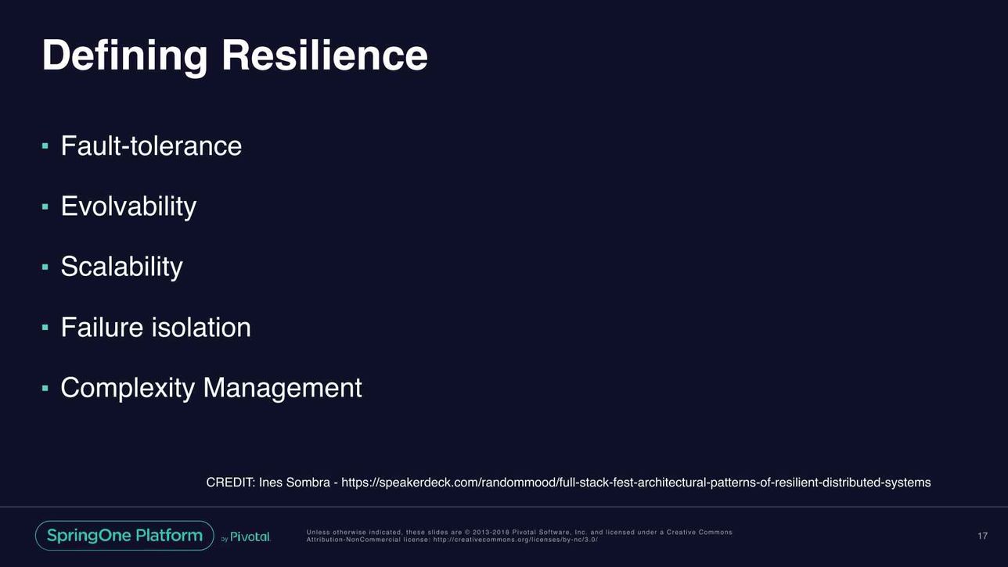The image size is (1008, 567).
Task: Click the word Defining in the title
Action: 125,56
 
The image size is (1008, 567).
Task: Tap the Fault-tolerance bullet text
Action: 151,146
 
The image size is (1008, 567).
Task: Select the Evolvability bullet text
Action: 128,207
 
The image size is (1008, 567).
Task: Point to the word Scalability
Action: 122,267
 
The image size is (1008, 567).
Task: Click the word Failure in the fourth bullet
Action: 103,328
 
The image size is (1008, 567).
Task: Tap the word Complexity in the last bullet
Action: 128,389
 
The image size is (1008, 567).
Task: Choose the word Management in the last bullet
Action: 283,388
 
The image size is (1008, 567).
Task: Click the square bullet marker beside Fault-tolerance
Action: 45,146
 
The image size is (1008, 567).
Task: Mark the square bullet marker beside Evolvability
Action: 45,206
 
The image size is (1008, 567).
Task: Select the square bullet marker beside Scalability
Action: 45,267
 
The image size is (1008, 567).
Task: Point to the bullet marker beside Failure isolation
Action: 45,328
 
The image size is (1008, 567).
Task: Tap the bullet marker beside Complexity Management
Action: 45,388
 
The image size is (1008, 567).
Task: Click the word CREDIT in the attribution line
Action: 231,483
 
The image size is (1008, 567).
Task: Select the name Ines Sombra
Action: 294,483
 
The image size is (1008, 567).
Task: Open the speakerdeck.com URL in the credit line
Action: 635,483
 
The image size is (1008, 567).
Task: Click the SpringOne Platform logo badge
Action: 124,536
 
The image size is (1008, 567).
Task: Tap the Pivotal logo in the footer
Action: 250,536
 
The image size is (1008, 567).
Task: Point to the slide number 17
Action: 982,536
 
